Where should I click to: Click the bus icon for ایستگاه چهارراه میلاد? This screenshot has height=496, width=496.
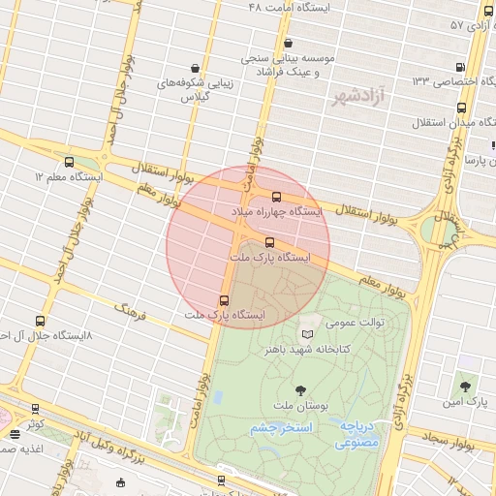[276, 197]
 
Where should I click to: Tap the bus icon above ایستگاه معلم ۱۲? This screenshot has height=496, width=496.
[68, 163]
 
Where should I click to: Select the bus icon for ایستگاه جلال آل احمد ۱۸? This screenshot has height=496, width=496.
[40, 321]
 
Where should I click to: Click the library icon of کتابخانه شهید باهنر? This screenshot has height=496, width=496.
[308, 334]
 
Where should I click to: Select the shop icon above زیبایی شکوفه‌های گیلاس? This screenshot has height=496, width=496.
[197, 69]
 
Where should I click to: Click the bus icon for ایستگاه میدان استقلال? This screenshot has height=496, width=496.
[462, 108]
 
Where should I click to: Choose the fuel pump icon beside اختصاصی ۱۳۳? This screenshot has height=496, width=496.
[459, 67]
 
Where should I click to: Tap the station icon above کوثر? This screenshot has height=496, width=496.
[36, 410]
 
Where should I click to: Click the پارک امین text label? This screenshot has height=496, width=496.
[463, 400]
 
